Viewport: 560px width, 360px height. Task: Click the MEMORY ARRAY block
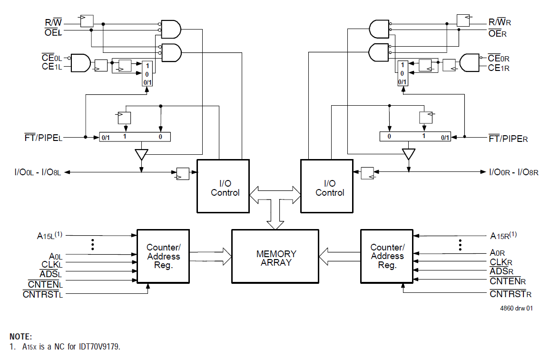(x=275, y=258)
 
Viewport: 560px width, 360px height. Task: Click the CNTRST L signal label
(x=43, y=295)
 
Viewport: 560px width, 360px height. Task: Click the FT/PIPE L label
(x=43, y=138)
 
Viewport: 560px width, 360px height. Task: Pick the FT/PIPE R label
(x=508, y=139)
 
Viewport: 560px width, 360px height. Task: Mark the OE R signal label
(x=498, y=33)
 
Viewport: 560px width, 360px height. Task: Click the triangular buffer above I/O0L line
(x=141, y=154)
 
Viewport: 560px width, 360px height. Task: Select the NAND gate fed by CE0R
(x=470, y=62)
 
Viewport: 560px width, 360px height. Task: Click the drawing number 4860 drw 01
(x=516, y=308)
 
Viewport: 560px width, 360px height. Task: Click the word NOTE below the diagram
(x=20, y=337)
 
